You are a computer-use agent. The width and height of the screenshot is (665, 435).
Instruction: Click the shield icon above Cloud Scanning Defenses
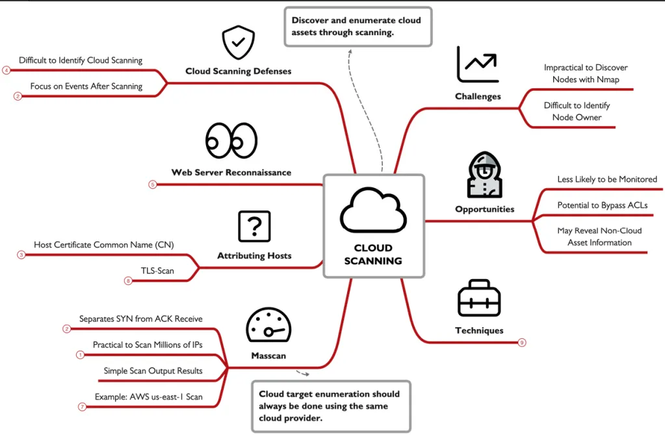[x=239, y=42]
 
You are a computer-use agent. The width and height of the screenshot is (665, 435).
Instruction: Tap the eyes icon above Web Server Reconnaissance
[x=231, y=141]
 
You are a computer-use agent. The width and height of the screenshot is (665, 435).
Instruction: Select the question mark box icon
[x=254, y=226]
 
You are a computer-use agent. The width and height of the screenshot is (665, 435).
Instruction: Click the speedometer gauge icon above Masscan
[x=268, y=325]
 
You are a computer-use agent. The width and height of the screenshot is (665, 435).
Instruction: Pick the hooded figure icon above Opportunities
[x=484, y=175]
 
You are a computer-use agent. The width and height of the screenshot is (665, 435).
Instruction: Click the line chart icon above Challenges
[x=478, y=64]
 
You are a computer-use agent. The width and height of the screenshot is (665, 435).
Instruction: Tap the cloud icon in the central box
[x=373, y=210]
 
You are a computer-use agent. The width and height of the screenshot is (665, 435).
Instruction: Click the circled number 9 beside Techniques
[x=522, y=342]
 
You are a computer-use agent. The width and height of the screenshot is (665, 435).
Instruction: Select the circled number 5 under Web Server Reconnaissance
[x=153, y=184]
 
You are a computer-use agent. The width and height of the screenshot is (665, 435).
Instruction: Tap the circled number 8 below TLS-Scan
[x=128, y=281]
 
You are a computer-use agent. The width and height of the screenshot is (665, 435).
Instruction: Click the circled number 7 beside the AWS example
[x=83, y=407]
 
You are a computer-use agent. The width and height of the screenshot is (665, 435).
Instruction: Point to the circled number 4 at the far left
[x=7, y=70]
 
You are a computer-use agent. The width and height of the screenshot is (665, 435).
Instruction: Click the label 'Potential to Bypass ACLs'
[x=602, y=205]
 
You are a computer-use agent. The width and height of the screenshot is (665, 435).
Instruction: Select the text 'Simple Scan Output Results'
[x=153, y=371]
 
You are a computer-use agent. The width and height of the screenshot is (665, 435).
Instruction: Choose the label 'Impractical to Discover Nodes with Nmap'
[x=586, y=73]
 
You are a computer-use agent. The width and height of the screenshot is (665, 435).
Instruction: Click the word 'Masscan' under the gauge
[x=268, y=356]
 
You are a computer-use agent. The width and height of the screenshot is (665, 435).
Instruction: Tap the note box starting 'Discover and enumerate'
[x=358, y=26]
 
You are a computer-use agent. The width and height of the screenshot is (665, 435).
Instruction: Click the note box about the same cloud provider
[x=332, y=406]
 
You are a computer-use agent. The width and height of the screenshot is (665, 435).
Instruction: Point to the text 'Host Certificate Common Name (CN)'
[x=104, y=245]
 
